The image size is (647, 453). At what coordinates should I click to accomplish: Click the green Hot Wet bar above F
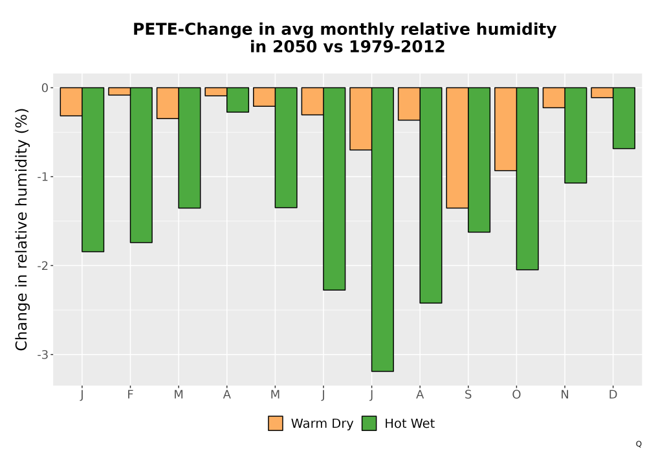pyautogui.click(x=141, y=165)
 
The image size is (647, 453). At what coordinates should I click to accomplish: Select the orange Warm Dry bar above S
pyautogui.click(x=457, y=148)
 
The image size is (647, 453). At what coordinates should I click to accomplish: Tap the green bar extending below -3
pyautogui.click(x=382, y=229)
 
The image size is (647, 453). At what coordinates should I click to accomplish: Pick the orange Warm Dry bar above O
pyautogui.click(x=505, y=129)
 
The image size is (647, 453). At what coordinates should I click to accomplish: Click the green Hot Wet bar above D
pyautogui.click(x=624, y=118)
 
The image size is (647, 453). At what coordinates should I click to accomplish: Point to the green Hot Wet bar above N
pyautogui.click(x=576, y=135)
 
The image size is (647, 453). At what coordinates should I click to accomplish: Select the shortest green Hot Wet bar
pyautogui.click(x=237, y=100)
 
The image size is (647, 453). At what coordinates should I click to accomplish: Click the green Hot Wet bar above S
pyautogui.click(x=479, y=160)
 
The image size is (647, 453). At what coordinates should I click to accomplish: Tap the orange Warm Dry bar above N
pyautogui.click(x=554, y=97)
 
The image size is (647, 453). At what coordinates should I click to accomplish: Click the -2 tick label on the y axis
pyautogui.click(x=43, y=266)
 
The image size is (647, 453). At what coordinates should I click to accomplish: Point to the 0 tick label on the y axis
pyautogui.click(x=45, y=88)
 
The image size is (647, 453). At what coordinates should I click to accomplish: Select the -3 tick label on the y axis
pyautogui.click(x=43, y=355)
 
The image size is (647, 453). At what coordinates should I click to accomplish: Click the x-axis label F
pyautogui.click(x=131, y=395)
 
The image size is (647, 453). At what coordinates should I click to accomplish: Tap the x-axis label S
pyautogui.click(x=468, y=395)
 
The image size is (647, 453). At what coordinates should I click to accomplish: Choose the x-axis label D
pyautogui.click(x=613, y=395)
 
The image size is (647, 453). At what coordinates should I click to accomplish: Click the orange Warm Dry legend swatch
pyautogui.click(x=276, y=423)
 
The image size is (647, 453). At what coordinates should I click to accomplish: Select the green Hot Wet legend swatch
pyautogui.click(x=369, y=423)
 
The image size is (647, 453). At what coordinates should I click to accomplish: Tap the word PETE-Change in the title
pyautogui.click(x=192, y=30)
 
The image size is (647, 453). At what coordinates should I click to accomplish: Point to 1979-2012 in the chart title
pyautogui.click(x=397, y=47)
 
